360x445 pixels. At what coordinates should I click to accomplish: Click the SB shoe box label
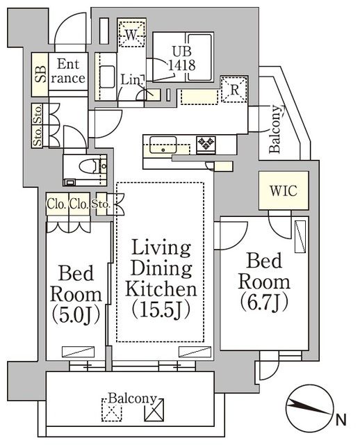[x=40, y=73]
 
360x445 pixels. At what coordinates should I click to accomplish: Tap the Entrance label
[x=70, y=71]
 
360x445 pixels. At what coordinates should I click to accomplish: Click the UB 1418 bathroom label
[x=184, y=56]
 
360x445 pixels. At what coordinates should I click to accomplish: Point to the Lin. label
[x=130, y=80]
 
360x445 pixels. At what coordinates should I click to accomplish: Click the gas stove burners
[x=206, y=143]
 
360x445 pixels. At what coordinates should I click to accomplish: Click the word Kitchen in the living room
[x=161, y=288]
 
